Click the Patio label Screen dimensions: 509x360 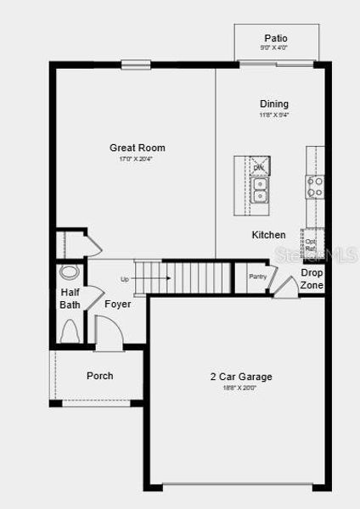click(275, 38)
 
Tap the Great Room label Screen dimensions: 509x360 click(137, 148)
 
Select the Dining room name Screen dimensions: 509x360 click(273, 103)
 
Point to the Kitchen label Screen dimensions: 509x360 click(268, 234)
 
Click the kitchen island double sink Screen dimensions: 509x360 click(260, 191)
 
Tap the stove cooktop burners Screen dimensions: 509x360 click(314, 186)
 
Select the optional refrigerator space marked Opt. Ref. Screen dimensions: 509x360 click(311, 246)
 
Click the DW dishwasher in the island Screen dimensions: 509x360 click(259, 167)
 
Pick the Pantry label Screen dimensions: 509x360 click(258, 277)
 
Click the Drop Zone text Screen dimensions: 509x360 click(312, 279)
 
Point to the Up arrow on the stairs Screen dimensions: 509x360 click(125, 279)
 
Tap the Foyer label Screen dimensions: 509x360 click(117, 304)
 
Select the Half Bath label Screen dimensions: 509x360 click(70, 299)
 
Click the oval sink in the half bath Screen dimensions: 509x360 click(70, 273)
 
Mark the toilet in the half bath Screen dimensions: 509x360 click(70, 331)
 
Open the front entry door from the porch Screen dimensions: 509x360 click(107, 333)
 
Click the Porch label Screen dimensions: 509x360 click(99, 376)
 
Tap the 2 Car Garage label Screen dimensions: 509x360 click(241, 377)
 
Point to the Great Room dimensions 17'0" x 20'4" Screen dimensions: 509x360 click(137, 159)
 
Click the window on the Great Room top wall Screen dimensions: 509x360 click(136, 64)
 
